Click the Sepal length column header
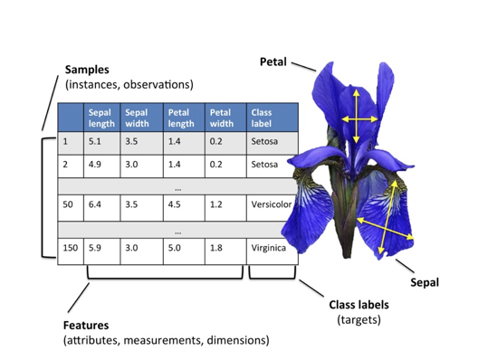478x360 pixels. pyautogui.click(x=101, y=118)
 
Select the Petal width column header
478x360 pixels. pyautogui.click(x=225, y=118)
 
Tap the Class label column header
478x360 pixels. pyautogui.click(x=272, y=118)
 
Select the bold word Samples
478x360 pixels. pyautogui.click(x=87, y=70)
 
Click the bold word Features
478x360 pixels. pyautogui.click(x=86, y=326)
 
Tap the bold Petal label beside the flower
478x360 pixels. pyautogui.click(x=273, y=62)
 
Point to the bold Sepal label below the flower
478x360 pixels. pyautogui.click(x=425, y=282)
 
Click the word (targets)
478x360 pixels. pyautogui.click(x=358, y=320)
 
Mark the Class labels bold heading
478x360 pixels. pyautogui.click(x=358, y=305)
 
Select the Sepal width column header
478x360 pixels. pyautogui.click(x=142, y=118)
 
